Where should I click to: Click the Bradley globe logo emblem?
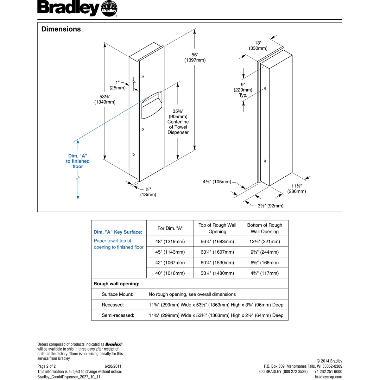109,10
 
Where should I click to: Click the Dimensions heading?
61,29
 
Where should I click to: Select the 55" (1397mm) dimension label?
195,57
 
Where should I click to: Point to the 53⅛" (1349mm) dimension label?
105,99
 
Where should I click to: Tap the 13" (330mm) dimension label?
258,46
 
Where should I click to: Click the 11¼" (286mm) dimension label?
297,189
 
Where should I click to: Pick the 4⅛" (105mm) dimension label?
217,182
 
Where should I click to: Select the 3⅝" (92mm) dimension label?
270,206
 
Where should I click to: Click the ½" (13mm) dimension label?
148,192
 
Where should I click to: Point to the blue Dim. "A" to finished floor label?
78,161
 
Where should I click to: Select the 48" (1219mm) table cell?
170,242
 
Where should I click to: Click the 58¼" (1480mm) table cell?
217,273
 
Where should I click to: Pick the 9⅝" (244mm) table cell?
264,252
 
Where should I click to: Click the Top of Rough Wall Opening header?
217,228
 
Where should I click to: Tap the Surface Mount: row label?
117,294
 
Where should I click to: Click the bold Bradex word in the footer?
113,344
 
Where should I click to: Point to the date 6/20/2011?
113,366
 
